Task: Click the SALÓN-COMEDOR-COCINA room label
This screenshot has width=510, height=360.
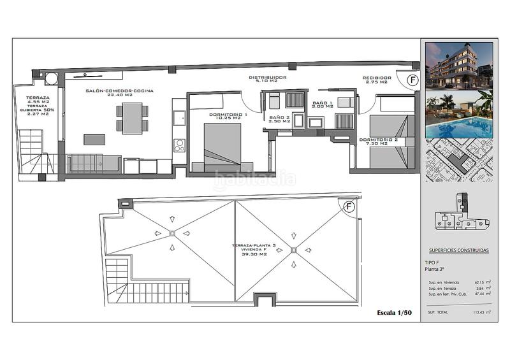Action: point(120,91)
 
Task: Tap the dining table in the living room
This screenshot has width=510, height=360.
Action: point(132,118)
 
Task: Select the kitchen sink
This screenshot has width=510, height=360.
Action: point(179,117)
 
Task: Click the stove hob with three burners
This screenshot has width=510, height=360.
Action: point(179,145)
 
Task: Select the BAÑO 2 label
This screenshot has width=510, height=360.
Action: point(279,118)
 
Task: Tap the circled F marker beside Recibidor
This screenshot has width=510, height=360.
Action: point(412,80)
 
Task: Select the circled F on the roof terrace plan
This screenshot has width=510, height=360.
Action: point(349,206)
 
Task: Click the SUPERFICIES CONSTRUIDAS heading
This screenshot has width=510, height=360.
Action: point(458,250)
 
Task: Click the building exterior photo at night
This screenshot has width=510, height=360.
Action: point(459,65)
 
